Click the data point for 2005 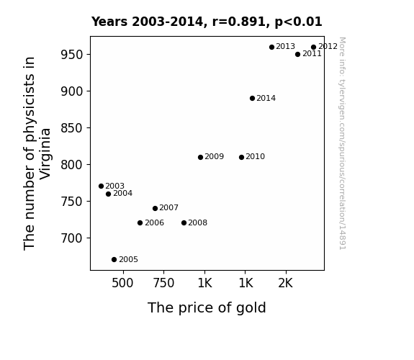tap(114, 260)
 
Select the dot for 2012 tap(313, 48)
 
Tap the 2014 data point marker tap(252, 98)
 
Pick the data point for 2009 tap(200, 157)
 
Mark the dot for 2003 tap(101, 186)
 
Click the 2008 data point tap(184, 223)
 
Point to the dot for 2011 tap(297, 55)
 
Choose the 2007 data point tap(155, 208)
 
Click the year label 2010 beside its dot tap(255, 157)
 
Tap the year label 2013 tap(285, 47)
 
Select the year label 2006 tap(155, 223)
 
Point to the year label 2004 tap(123, 194)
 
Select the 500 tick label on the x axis tap(122, 283)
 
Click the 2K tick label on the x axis tap(285, 283)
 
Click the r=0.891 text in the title tap(239, 22)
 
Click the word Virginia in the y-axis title tap(45, 153)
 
